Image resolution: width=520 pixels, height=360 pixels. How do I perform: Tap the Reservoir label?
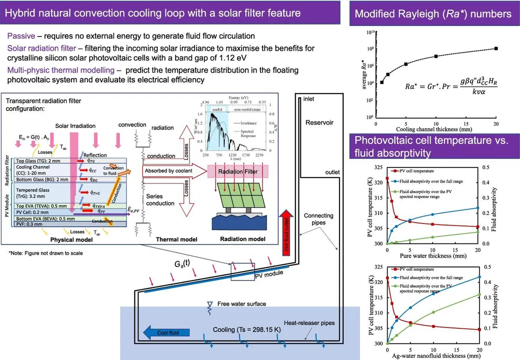(319, 122)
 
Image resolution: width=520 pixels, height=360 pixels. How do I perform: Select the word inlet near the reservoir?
(309, 99)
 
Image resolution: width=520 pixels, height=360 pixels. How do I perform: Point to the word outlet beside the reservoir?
(332, 172)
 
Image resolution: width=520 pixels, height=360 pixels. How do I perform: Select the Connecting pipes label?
(318, 219)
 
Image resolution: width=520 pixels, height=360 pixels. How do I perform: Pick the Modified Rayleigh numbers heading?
(433, 14)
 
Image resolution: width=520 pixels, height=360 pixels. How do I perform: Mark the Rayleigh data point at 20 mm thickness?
(495, 48)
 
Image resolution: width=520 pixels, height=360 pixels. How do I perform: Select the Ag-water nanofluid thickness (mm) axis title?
(433, 356)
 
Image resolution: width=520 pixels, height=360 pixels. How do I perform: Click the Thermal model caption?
(171, 239)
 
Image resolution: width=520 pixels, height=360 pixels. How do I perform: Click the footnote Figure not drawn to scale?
(46, 253)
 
